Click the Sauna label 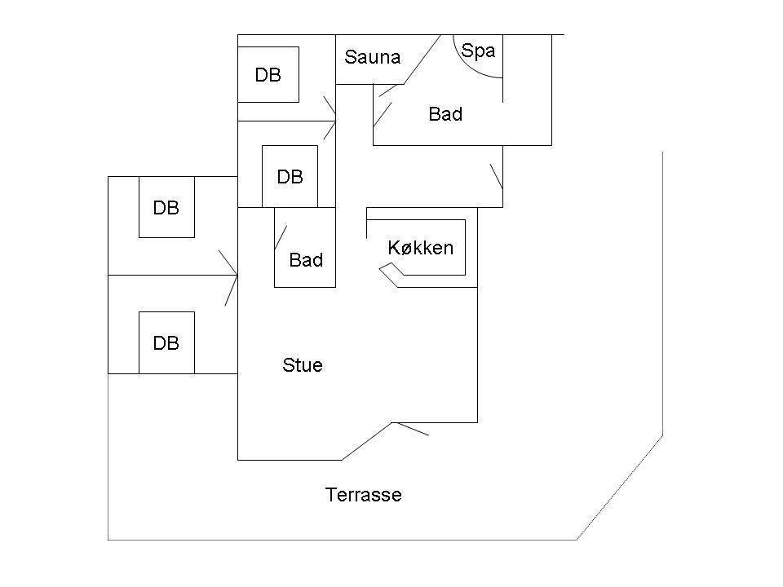point(373,57)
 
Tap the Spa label point(478,51)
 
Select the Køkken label point(421,248)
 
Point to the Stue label point(302,365)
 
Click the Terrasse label point(364,495)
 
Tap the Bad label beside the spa point(445,114)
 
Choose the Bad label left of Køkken point(306,260)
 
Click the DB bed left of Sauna point(268,75)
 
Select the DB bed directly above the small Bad point(290,176)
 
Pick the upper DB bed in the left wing point(166,207)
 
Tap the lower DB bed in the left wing point(166,342)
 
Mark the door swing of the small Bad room point(281,237)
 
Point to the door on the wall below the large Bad point(497,176)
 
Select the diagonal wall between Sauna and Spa point(422,60)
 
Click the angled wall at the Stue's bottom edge point(367,441)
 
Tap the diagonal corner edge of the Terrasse point(620,488)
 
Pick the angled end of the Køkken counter point(390,276)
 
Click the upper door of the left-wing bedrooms point(228,263)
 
